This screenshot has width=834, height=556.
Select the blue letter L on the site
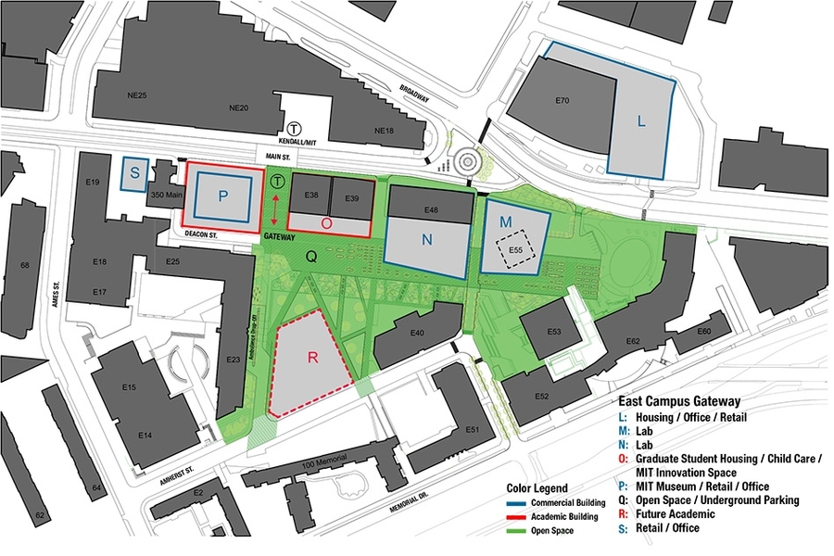(x=640, y=120)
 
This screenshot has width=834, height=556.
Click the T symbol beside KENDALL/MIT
(x=294, y=129)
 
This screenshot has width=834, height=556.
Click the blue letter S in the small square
(x=134, y=173)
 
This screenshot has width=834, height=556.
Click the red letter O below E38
(x=325, y=223)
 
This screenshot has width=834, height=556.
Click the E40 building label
(x=417, y=334)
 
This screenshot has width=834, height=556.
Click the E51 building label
(x=473, y=429)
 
